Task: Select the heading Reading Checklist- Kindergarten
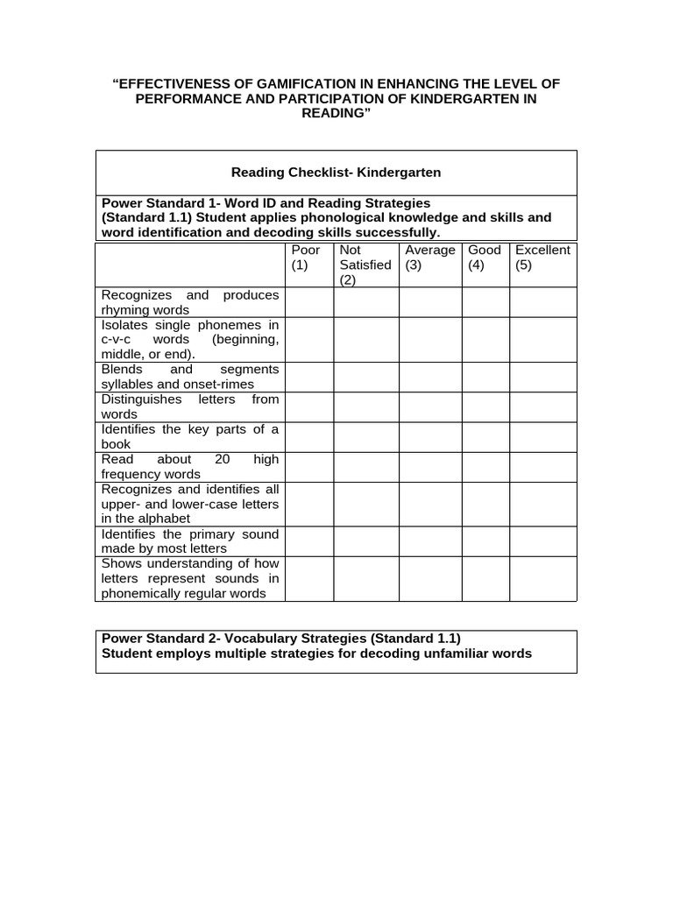[336, 173]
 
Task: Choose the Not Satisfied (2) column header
[365, 265]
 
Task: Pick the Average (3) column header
[429, 258]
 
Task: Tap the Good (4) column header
[485, 258]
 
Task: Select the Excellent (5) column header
[542, 258]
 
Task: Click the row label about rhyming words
[190, 302]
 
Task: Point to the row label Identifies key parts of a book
[190, 436]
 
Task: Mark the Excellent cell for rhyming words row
[542, 302]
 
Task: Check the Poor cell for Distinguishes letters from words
[308, 406]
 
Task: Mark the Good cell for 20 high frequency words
[485, 466]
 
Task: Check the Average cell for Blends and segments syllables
[429, 377]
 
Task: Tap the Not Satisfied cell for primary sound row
[365, 540]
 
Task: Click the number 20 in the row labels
[223, 459]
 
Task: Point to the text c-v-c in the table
[117, 339]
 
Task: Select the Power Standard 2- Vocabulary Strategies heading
[280, 638]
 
